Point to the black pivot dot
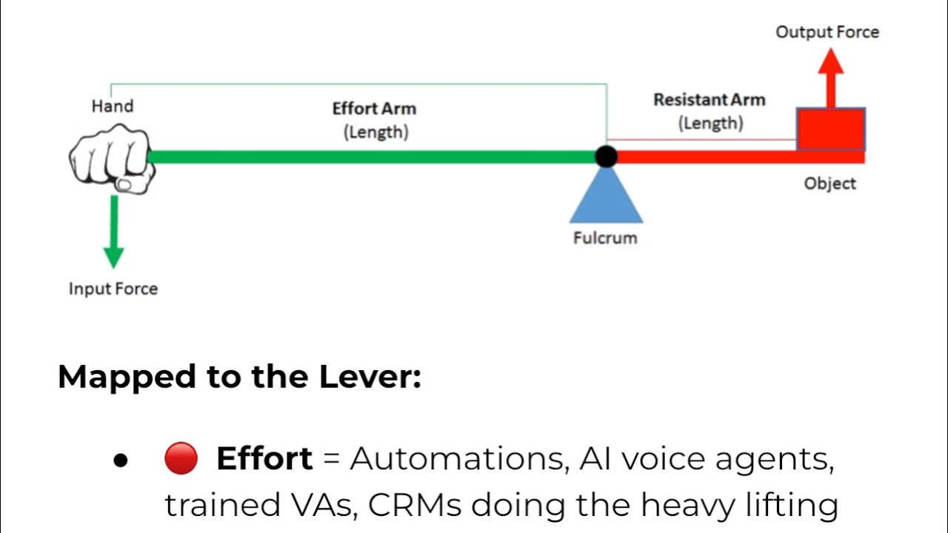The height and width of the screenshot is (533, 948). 606,156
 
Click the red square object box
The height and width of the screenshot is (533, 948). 830,130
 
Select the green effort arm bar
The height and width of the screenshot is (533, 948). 370,157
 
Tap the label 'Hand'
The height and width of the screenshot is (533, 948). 113,106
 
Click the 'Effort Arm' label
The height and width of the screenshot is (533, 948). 374,109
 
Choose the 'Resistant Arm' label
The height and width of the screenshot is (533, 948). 709,100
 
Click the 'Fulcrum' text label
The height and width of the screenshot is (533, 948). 605,238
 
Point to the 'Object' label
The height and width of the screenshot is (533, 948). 829,184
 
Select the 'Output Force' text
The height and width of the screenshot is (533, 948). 827,33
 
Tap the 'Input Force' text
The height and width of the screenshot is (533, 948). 113,289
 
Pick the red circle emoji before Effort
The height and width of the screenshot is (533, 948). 181,459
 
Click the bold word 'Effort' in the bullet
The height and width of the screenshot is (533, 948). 264,459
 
